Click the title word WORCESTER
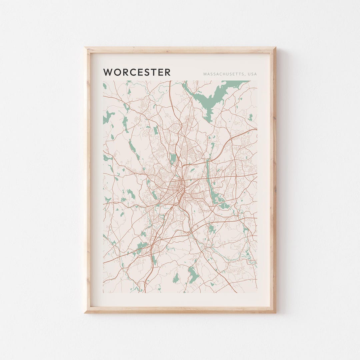pos(137,72)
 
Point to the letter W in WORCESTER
pos(108,72)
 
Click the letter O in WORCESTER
pos(116,72)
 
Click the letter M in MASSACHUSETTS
pos(205,74)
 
